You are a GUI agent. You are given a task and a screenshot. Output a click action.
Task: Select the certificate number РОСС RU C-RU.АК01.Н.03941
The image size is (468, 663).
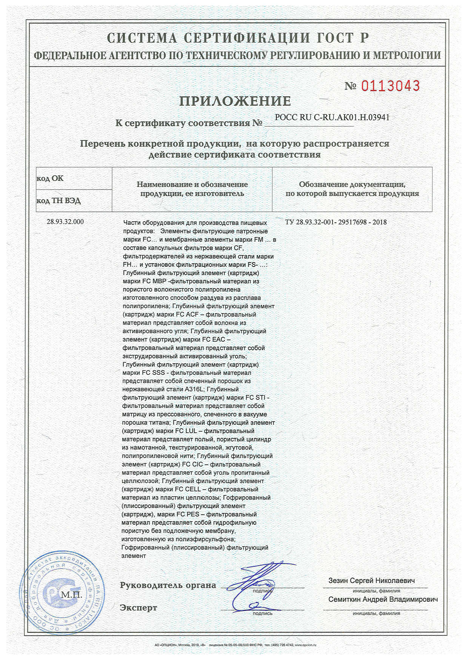point(332,118)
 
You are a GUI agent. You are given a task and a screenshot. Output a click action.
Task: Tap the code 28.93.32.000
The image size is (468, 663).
point(65,222)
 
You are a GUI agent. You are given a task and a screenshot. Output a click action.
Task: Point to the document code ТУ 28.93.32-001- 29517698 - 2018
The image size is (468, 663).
point(336,222)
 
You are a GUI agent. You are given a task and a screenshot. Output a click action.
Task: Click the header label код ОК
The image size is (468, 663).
point(50,178)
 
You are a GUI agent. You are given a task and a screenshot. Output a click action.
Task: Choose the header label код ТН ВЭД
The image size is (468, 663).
point(58,201)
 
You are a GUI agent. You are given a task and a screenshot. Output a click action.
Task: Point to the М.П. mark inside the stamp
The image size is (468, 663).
point(72,595)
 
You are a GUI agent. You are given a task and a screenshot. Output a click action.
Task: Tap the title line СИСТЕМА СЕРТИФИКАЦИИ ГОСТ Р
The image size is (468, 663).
point(238,38)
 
